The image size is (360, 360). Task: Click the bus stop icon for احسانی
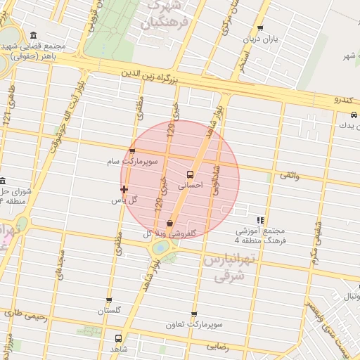click(x=190, y=174)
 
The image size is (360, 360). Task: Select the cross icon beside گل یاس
click(x=124, y=188)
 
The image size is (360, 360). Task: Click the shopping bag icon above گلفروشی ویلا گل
click(x=170, y=223)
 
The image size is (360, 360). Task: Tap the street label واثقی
click(x=289, y=176)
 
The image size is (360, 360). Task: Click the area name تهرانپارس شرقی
click(x=226, y=269)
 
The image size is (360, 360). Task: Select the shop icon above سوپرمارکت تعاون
click(x=194, y=314)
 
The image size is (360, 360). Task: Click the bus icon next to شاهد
click(x=117, y=337)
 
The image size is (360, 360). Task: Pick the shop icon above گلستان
click(x=109, y=300)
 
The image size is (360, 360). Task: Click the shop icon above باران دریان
click(x=260, y=29)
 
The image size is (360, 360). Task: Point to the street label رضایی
click(x=217, y=347)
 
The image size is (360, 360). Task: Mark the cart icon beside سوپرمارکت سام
click(x=132, y=150)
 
